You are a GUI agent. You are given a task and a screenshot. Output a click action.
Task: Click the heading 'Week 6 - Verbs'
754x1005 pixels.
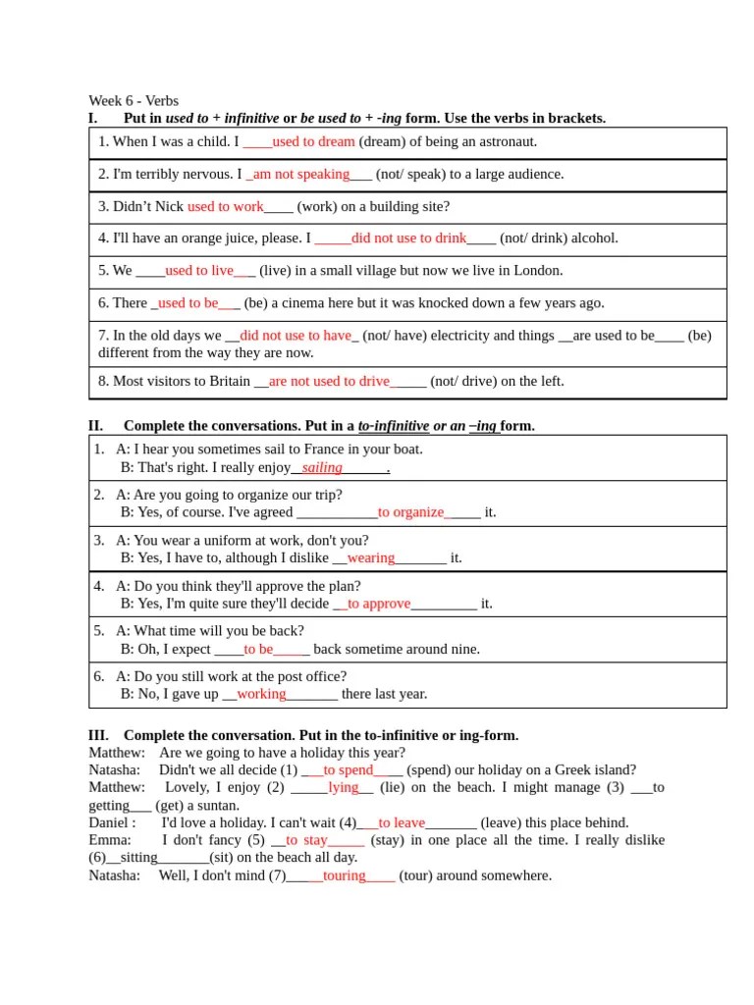(134, 100)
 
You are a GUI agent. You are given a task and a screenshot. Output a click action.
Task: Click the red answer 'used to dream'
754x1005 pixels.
(313, 141)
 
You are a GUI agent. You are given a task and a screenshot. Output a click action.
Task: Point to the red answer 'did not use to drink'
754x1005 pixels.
(409, 238)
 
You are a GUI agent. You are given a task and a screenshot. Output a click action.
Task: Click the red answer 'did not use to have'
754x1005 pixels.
(296, 335)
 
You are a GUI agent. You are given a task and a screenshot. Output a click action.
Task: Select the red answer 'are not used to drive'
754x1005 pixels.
(329, 381)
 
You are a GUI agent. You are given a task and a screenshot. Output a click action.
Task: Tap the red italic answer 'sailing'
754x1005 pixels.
(322, 467)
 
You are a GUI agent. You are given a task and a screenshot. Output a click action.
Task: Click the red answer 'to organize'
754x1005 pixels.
(411, 511)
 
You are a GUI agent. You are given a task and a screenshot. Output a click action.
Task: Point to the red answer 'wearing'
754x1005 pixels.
(371, 557)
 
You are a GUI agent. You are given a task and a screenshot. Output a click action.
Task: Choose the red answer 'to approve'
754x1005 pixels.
(379, 604)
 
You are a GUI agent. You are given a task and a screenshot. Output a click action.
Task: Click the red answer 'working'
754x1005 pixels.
(261, 693)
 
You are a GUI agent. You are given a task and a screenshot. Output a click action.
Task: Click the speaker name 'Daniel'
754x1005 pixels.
(109, 822)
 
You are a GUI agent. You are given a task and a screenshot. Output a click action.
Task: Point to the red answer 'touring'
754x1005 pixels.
(344, 874)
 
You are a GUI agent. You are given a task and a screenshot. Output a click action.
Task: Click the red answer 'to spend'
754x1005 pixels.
(349, 769)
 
